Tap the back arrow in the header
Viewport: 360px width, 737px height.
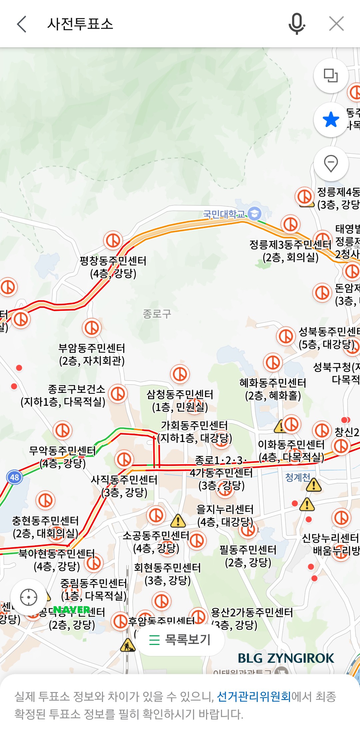click(x=22, y=24)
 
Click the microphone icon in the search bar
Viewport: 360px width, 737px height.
click(x=296, y=24)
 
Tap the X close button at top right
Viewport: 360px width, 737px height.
click(x=336, y=24)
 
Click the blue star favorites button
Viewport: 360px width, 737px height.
click(x=331, y=120)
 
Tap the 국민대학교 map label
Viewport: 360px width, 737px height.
click(x=224, y=214)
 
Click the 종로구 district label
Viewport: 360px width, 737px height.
click(x=157, y=313)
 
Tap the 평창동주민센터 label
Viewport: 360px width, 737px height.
click(x=113, y=261)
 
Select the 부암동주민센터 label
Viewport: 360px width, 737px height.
click(x=92, y=348)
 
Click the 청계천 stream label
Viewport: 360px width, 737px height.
click(x=297, y=477)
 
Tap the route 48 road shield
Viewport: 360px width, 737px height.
click(x=15, y=477)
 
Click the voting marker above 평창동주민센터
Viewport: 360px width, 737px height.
click(x=113, y=240)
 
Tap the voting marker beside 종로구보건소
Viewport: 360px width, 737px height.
click(x=118, y=394)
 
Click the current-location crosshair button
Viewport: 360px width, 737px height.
click(x=29, y=597)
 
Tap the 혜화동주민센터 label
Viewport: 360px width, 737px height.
click(x=273, y=383)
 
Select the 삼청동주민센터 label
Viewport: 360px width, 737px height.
click(x=180, y=395)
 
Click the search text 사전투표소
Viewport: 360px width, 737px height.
click(x=80, y=24)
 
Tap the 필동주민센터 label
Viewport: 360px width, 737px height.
click(x=248, y=550)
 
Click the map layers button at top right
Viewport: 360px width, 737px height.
click(x=331, y=76)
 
